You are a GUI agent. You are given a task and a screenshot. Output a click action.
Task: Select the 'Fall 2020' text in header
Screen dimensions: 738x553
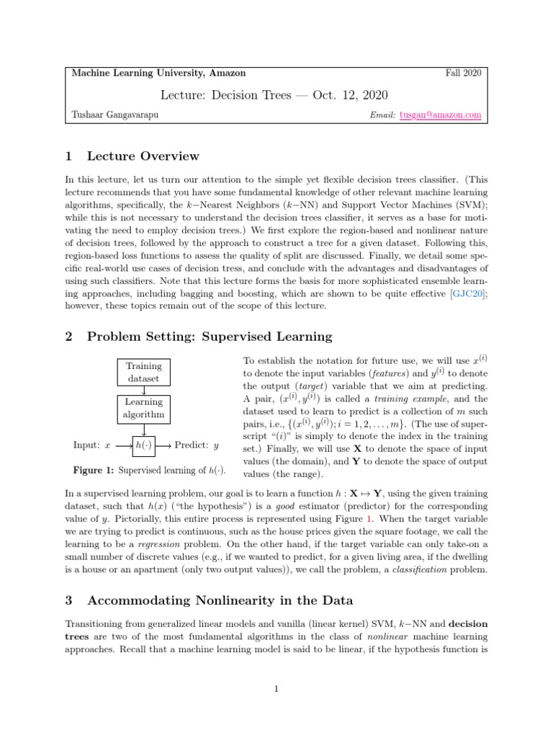coord(464,73)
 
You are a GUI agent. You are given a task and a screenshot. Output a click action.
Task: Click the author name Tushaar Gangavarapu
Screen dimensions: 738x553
coord(117,115)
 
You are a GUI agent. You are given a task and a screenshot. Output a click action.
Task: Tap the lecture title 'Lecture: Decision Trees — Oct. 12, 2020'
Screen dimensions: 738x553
coord(276,94)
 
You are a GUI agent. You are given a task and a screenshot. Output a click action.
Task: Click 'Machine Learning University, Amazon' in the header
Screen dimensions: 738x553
coord(159,73)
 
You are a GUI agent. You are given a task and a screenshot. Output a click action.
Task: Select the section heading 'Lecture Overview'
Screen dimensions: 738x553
coord(143,156)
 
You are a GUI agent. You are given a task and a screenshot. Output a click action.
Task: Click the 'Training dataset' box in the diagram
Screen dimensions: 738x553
coord(144,372)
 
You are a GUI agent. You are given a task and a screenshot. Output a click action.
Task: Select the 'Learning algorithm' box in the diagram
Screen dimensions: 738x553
coord(144,408)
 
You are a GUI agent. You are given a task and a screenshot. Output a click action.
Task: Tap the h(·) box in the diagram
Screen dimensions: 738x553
coord(144,445)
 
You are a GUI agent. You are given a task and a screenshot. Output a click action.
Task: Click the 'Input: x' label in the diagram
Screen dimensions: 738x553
coord(92,445)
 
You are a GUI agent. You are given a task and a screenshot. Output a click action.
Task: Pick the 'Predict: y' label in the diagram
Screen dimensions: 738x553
coord(197,445)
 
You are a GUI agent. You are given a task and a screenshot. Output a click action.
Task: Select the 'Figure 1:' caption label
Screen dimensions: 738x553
coord(94,471)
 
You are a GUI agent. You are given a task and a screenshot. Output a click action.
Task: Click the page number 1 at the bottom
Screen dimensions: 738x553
coord(276,690)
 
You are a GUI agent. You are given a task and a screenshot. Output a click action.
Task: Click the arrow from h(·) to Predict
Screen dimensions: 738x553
coord(164,445)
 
